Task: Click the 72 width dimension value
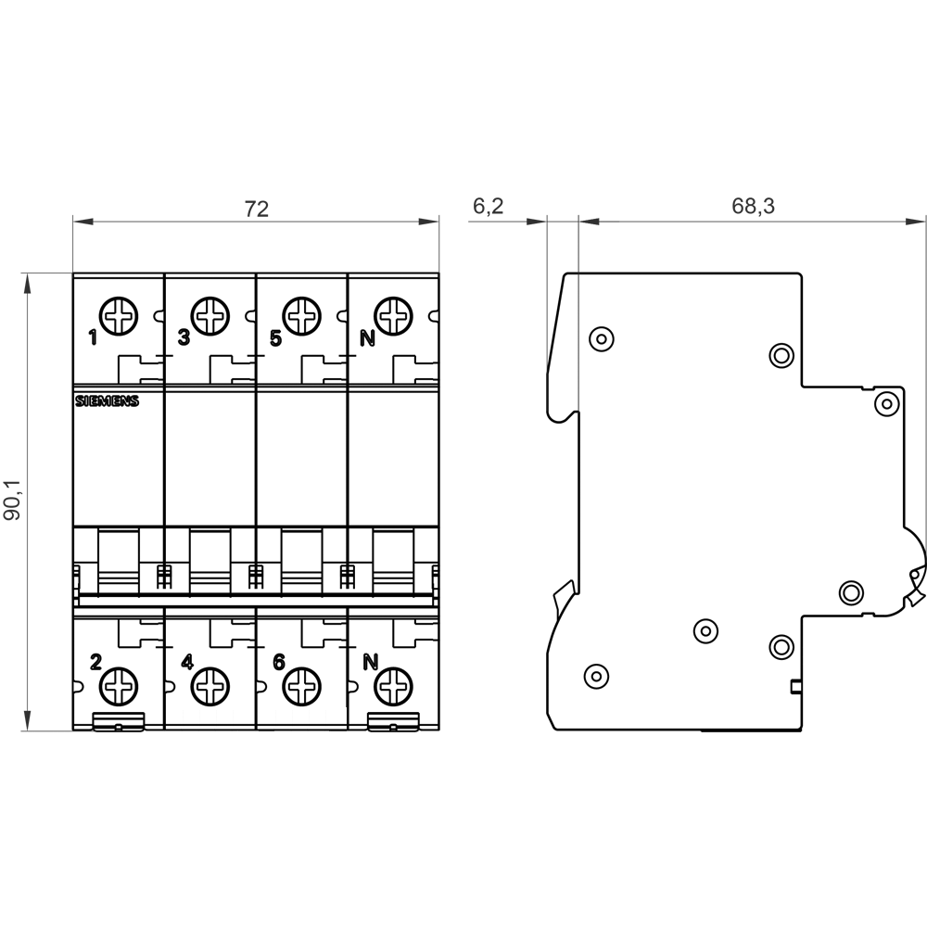point(257,209)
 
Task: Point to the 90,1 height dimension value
point(12,501)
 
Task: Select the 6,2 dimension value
point(488,207)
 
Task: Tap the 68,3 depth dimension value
point(753,207)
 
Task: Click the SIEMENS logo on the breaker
point(107,401)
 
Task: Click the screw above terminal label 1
point(119,316)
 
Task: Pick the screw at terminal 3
point(210,316)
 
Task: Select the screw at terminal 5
point(301,316)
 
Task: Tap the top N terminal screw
point(393,316)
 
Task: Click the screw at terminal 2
point(119,686)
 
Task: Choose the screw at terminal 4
point(210,686)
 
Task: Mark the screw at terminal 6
point(301,686)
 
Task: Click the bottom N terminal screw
point(393,686)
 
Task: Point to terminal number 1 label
point(93,338)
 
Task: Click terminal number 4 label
point(187,662)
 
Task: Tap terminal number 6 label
point(279,662)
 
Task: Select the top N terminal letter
point(368,338)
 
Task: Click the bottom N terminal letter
point(370,662)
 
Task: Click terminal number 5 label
point(275,338)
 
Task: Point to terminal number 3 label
point(184,338)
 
